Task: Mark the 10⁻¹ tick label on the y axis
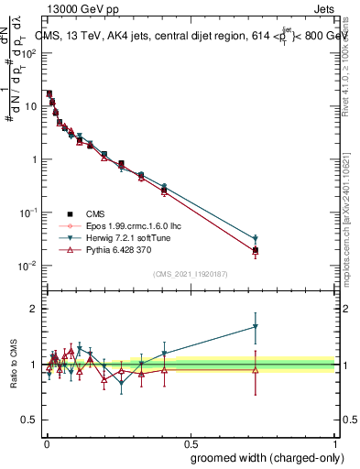[28, 213]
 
